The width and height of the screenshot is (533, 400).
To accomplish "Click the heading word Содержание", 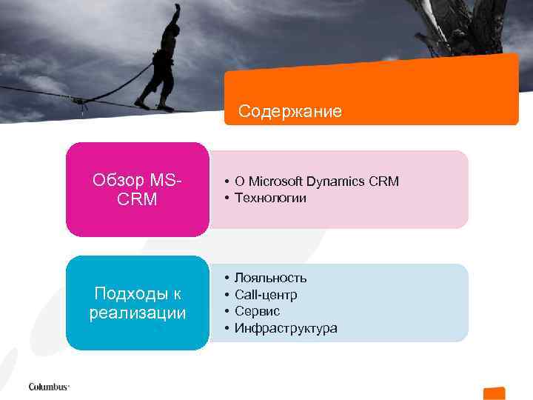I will point(290,112).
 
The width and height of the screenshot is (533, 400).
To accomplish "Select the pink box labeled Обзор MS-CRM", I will point(137,190).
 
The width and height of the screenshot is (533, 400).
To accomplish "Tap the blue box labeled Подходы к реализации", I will point(137,303).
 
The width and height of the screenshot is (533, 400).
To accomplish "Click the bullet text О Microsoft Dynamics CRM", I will point(316,181).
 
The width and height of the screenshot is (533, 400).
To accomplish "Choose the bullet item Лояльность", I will point(270,278).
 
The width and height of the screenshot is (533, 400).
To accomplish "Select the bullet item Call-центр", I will point(266,295).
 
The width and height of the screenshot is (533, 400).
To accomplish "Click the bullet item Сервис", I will point(257,311).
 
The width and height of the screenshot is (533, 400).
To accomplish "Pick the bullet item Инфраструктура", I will point(286,328).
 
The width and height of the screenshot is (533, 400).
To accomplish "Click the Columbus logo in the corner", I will point(49,387).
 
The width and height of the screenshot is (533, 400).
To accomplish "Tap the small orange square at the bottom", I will point(494,393).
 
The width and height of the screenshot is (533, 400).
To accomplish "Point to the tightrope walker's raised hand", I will point(176,8).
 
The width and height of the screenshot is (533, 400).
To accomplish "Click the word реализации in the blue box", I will point(137,313).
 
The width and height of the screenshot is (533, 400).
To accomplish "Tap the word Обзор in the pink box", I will point(118,180).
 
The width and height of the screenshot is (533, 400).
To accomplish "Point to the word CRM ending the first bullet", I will point(383,181).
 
